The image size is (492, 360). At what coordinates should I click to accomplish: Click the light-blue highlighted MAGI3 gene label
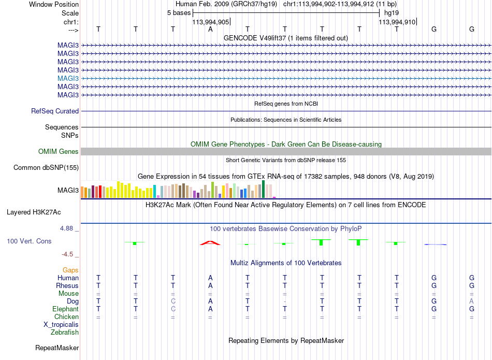point(68,78)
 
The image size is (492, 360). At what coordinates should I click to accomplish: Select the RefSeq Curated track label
point(55,111)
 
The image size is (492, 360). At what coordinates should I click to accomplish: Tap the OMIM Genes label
point(59,152)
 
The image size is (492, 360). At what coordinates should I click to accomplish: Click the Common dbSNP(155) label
point(46,168)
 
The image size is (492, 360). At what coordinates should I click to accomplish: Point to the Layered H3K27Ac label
point(34,212)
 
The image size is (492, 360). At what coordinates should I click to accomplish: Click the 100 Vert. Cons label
point(29,241)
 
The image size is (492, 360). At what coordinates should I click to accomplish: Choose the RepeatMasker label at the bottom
point(57,348)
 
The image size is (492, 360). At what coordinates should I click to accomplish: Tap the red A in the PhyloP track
point(210,242)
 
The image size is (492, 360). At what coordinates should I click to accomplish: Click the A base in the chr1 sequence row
point(210,29)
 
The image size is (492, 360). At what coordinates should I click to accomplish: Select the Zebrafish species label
point(65,333)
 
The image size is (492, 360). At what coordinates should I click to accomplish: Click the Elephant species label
point(65,309)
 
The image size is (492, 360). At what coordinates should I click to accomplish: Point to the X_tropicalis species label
point(61,325)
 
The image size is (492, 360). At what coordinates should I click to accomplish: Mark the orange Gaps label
point(70,270)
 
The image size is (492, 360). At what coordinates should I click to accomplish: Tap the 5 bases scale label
point(179,13)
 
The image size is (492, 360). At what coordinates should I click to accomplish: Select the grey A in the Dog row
point(472,301)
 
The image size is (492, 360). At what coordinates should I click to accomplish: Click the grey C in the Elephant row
point(173,309)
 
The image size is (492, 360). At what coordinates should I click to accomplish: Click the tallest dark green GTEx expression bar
point(263,189)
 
